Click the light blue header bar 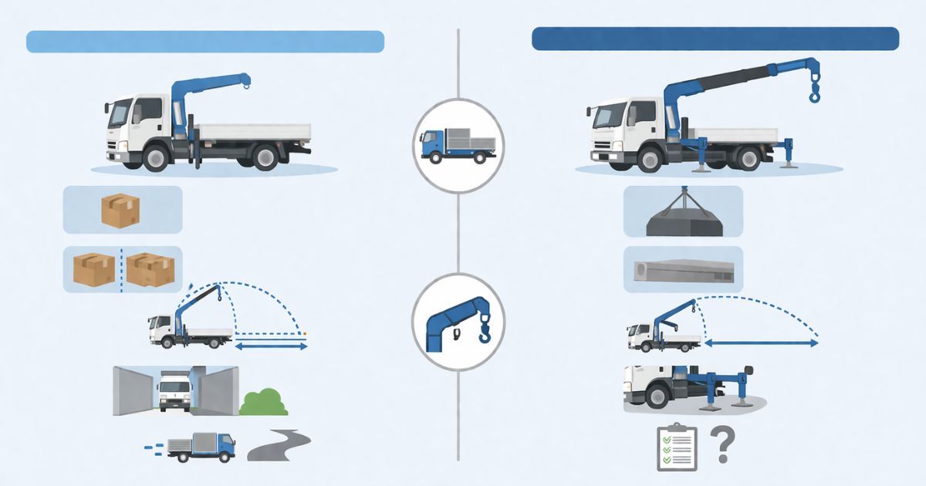click(205, 42)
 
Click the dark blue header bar click(715, 39)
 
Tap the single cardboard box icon click(120, 210)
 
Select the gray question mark click(721, 446)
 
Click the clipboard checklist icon click(677, 447)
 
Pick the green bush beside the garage click(264, 403)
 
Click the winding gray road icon click(289, 445)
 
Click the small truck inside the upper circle click(457, 145)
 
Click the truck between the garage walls click(174, 390)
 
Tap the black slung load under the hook click(683, 222)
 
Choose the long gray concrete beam click(683, 270)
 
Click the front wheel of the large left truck click(156, 158)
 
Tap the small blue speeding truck click(201, 447)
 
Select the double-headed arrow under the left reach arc click(270, 348)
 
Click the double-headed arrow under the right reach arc click(762, 343)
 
